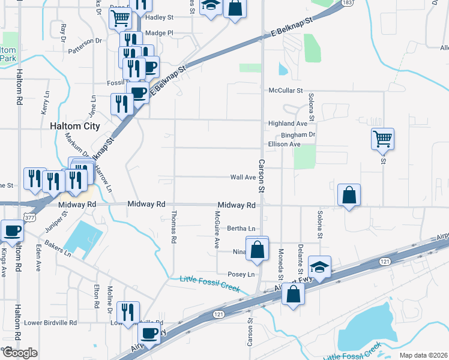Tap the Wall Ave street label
[x=243, y=177]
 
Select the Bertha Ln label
[x=241, y=229]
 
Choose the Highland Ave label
[x=288, y=123]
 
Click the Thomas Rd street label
[x=173, y=226]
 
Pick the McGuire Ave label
[x=217, y=229]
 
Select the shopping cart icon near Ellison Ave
[x=382, y=139]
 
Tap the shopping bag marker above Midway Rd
[x=349, y=195]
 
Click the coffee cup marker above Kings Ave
[x=11, y=230]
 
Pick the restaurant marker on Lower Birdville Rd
[x=128, y=312]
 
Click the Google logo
[x=19, y=353]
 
